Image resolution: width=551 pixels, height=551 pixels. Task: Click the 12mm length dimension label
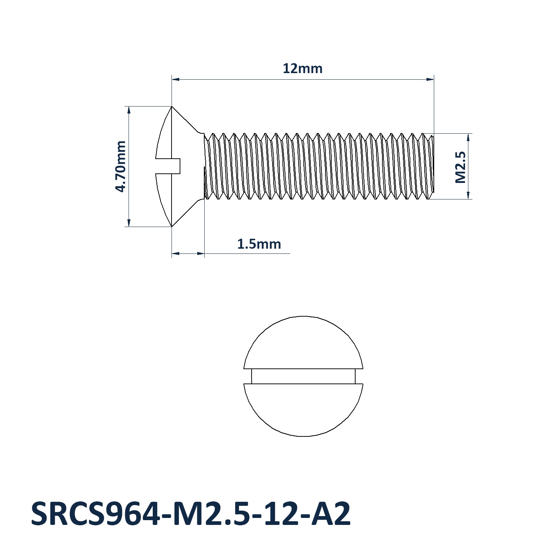coord(302,69)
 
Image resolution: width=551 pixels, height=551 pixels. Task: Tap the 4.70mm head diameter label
coord(120,166)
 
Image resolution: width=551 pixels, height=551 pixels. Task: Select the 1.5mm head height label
coord(259,244)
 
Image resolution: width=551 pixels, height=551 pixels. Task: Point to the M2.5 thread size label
coord(460,167)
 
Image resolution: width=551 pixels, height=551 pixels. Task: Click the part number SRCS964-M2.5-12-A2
coord(191,514)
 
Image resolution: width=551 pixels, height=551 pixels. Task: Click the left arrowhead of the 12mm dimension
coord(176,79)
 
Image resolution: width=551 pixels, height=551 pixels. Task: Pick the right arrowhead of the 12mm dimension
coord(430,79)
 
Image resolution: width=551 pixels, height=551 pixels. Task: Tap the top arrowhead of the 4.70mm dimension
coord(129,110)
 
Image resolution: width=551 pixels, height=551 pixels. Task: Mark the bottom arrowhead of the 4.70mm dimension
coord(129,223)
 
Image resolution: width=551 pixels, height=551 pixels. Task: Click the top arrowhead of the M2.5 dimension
coord(468,137)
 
